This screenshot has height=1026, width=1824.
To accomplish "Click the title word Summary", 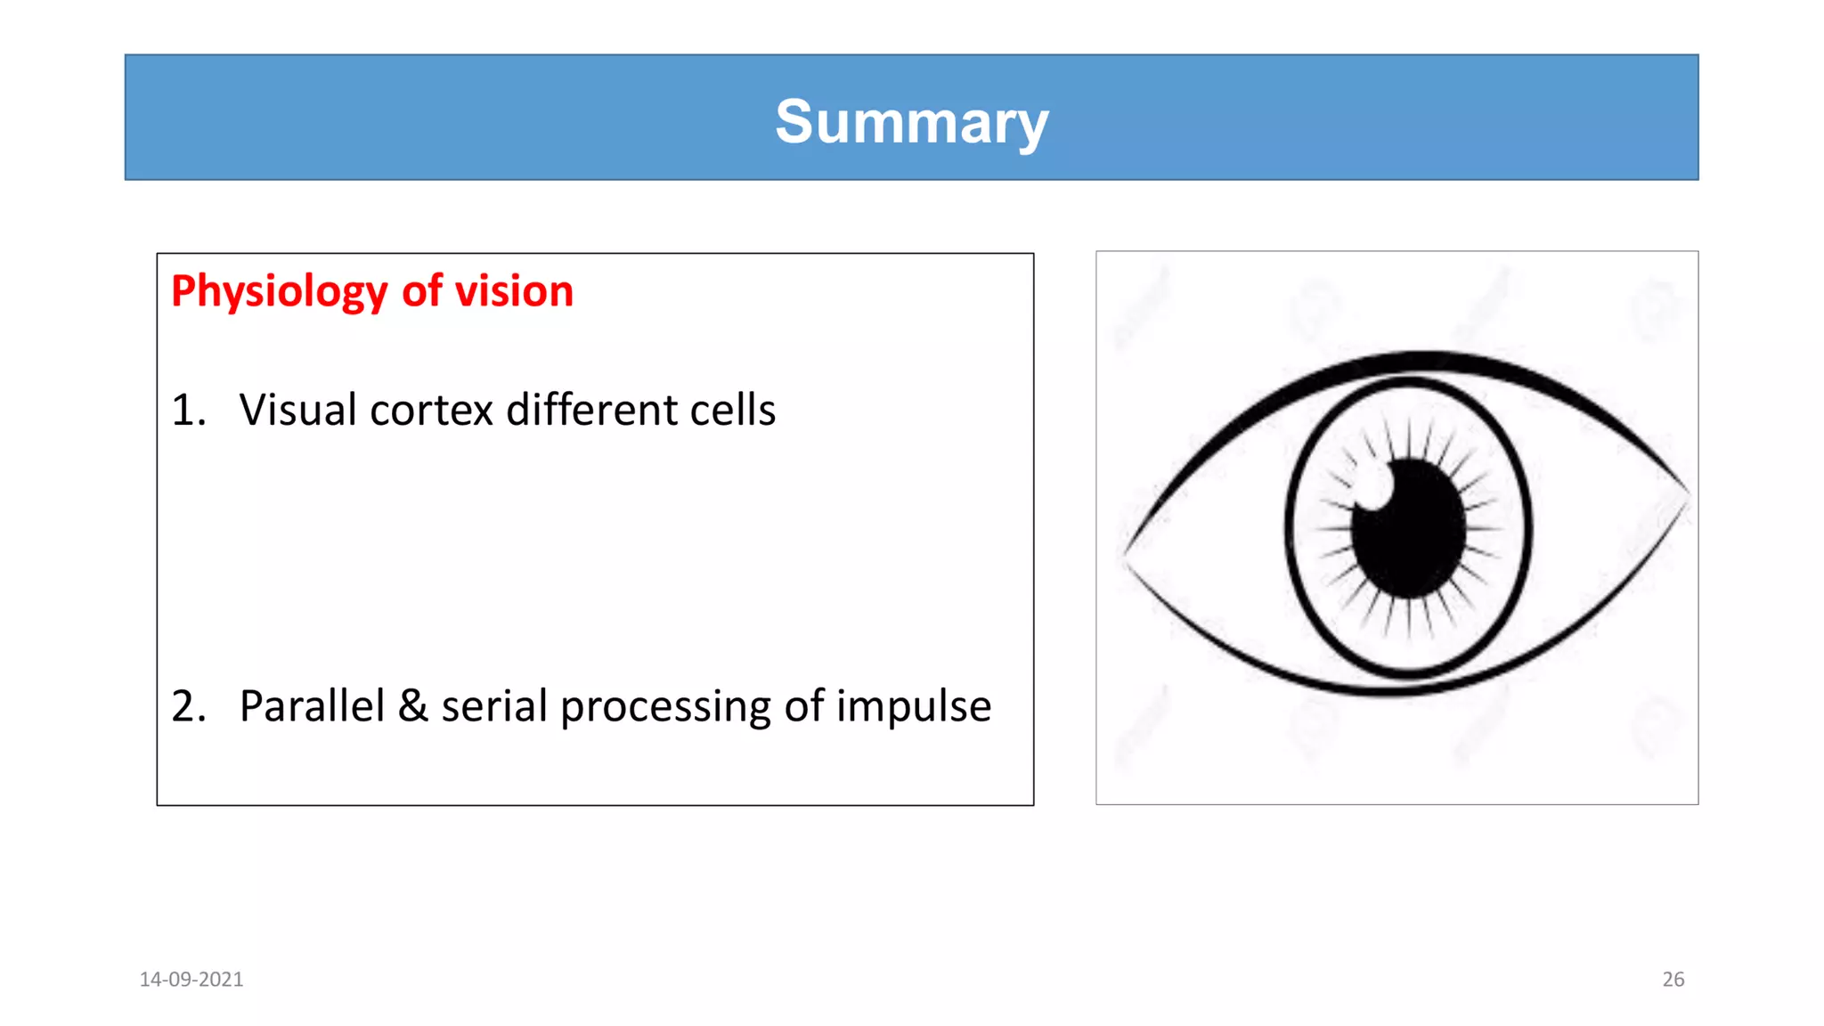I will coord(911,122).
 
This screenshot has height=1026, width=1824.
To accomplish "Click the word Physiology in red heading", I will coord(279,292).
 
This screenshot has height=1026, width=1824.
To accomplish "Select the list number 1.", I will coord(187,411).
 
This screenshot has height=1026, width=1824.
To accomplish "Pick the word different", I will coord(590,411).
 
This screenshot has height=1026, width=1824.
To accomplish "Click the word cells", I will coord(732,411).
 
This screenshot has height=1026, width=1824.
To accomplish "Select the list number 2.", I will coord(188,706).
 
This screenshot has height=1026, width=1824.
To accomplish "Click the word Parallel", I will coord(312,706).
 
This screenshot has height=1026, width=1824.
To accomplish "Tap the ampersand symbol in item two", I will coord(412,706).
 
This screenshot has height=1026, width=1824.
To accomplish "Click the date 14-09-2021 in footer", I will coord(191,980).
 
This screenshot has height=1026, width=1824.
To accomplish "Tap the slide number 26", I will coord(1673,980).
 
